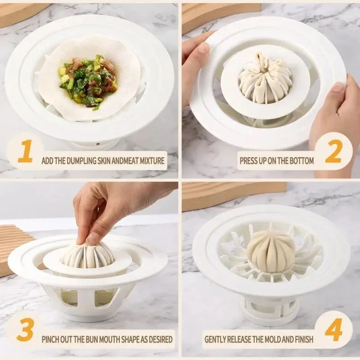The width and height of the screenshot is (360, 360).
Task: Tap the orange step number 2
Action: click(333, 154)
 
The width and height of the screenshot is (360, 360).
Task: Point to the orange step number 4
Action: click(333, 332)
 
